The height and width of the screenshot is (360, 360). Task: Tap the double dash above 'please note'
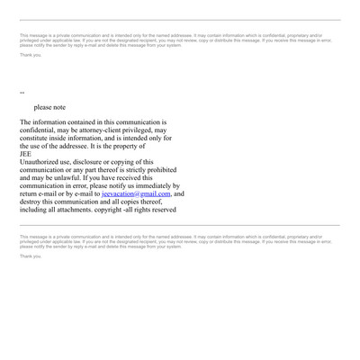22,93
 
